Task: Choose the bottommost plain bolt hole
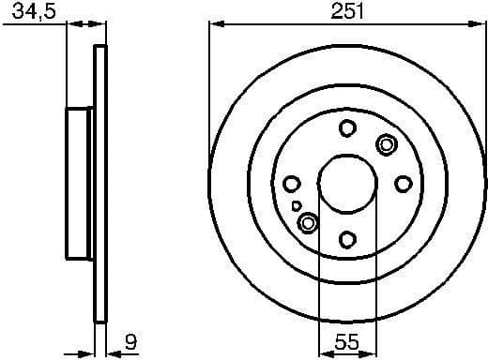pyautogui.click(x=346, y=239)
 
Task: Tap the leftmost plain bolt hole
pyautogui.click(x=291, y=184)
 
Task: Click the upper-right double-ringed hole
pyautogui.click(x=385, y=144)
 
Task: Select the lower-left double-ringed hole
pyautogui.click(x=308, y=223)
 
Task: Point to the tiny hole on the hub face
pyautogui.click(x=297, y=204)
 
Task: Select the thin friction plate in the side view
pyautogui.click(x=99, y=183)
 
